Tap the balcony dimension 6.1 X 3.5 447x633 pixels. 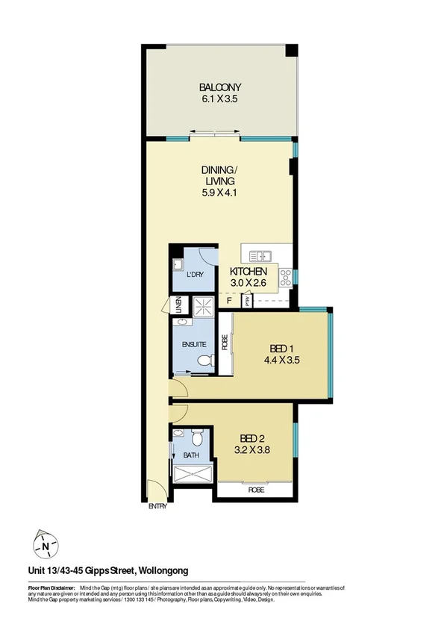[x=220, y=98]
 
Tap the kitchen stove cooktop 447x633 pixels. [x=284, y=278]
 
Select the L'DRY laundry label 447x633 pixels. [x=194, y=275]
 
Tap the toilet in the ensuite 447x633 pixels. [x=205, y=361]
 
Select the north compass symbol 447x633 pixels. [x=46, y=546]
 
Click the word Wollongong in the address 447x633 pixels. [x=169, y=571]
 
